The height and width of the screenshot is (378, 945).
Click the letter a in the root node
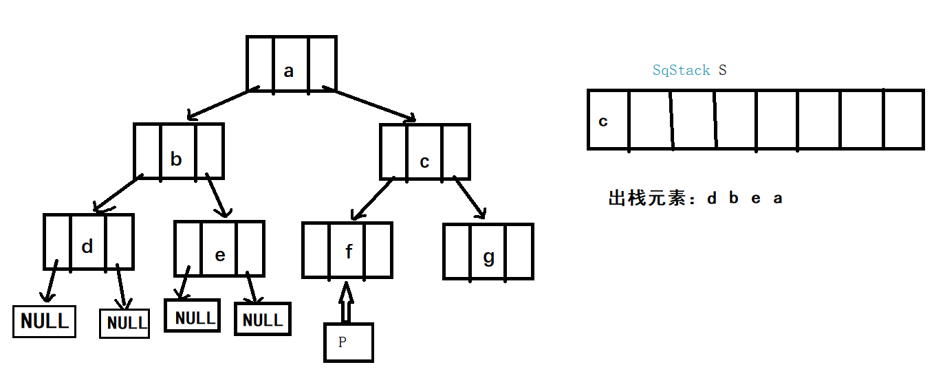pyautogui.click(x=289, y=71)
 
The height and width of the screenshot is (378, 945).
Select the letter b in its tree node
pyautogui.click(x=176, y=159)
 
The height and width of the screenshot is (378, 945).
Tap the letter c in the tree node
pyautogui.click(x=424, y=162)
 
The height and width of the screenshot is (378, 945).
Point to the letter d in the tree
pyautogui.click(x=87, y=247)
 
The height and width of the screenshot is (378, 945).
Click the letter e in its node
pyautogui.click(x=220, y=255)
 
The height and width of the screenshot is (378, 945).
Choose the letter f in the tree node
pyautogui.click(x=349, y=252)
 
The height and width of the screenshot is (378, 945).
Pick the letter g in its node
pyautogui.click(x=489, y=258)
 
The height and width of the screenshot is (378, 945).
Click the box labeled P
pyautogui.click(x=349, y=342)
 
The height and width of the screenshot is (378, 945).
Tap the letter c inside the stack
pyautogui.click(x=603, y=122)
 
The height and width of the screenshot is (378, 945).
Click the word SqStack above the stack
pyautogui.click(x=681, y=70)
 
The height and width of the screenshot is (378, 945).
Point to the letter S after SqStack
pyautogui.click(x=722, y=70)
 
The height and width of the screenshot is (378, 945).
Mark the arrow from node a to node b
pyautogui.click(x=221, y=103)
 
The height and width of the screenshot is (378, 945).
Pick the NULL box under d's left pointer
pyautogui.click(x=45, y=321)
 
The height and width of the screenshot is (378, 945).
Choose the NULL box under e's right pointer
pyautogui.click(x=263, y=320)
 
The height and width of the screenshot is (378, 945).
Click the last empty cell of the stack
pyautogui.click(x=903, y=119)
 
